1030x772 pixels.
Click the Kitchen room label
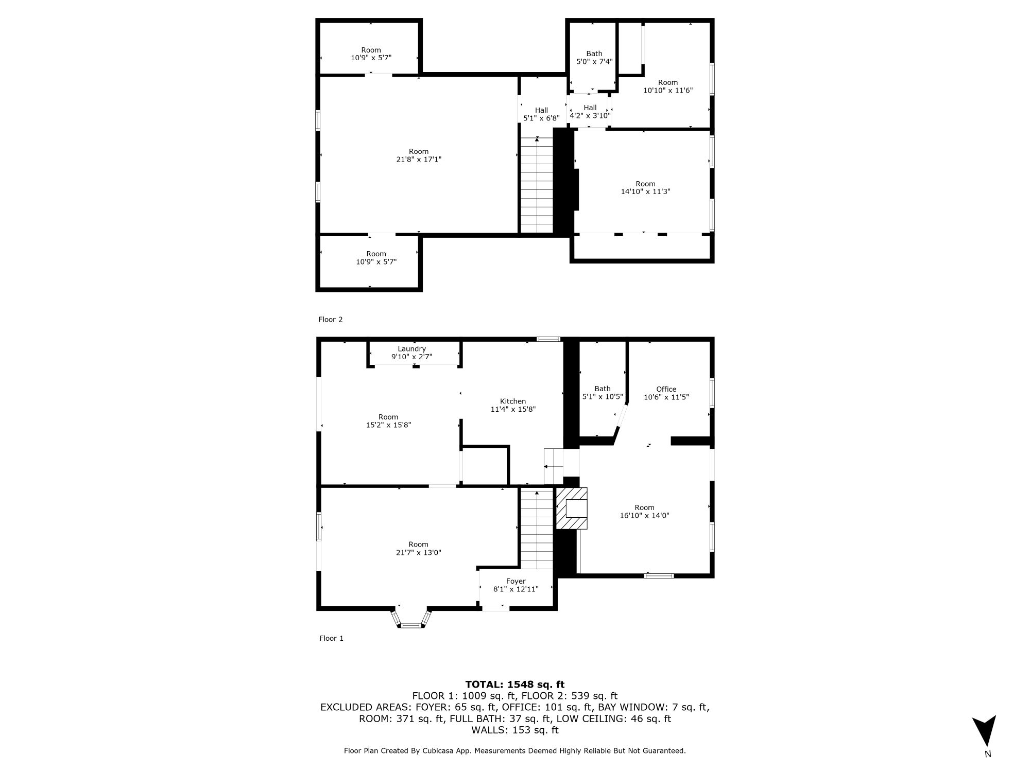pyautogui.click(x=513, y=401)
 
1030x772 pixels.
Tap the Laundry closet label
pyautogui.click(x=411, y=349)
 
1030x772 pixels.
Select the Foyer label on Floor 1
pyautogui.click(x=516, y=581)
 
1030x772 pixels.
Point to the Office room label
pyautogui.click(x=666, y=389)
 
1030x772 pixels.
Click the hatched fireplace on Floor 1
pyautogui.click(x=572, y=508)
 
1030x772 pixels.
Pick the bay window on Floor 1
pyautogui.click(x=411, y=618)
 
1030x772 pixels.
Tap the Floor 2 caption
pyautogui.click(x=330, y=320)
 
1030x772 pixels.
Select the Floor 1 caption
pyautogui.click(x=331, y=638)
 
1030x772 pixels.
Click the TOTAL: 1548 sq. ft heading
pyautogui.click(x=515, y=685)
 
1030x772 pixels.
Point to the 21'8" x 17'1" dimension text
pyautogui.click(x=419, y=160)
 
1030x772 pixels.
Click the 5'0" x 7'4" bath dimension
pyautogui.click(x=594, y=62)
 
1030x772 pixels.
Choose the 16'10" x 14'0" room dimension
pyautogui.click(x=644, y=516)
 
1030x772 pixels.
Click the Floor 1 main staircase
pyautogui.click(x=537, y=529)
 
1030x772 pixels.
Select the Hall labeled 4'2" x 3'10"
pyautogui.click(x=590, y=112)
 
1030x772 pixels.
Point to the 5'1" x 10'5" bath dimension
pyautogui.click(x=603, y=397)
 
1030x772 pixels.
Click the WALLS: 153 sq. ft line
pyautogui.click(x=515, y=730)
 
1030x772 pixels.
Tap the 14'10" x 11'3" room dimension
pyautogui.click(x=645, y=192)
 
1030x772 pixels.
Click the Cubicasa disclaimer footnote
pyautogui.click(x=515, y=751)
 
